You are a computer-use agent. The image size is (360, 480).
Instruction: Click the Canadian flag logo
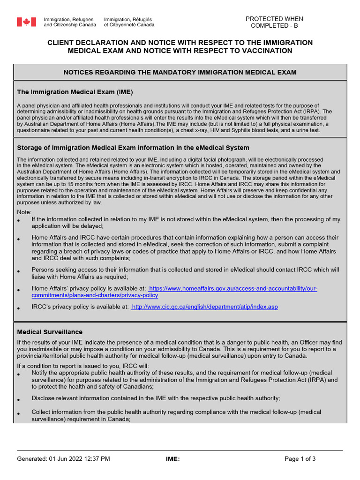(x=27, y=22)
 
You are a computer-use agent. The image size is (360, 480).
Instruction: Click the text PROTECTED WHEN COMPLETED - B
(x=274, y=22)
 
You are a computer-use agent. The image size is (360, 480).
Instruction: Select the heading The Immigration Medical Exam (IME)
(x=75, y=92)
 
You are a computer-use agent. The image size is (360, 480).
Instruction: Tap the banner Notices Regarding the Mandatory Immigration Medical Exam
(x=180, y=72)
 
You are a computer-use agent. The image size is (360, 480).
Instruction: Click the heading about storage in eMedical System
(x=133, y=148)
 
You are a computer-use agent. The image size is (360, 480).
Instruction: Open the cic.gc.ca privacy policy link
(x=205, y=307)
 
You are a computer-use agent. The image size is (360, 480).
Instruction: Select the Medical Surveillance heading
(x=50, y=332)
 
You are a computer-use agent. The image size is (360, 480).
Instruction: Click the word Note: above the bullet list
(x=24, y=212)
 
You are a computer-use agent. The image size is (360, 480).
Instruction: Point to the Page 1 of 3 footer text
(x=300, y=459)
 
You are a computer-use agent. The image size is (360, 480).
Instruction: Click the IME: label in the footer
(x=172, y=459)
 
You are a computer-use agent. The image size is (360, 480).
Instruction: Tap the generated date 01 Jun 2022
(x=66, y=459)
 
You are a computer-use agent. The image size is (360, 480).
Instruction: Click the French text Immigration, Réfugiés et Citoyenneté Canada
(x=129, y=22)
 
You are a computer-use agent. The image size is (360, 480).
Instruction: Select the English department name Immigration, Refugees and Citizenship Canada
(x=70, y=22)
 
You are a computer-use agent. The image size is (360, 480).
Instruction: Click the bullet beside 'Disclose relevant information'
(x=19, y=400)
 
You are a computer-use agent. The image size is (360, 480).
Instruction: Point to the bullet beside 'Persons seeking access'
(x=19, y=272)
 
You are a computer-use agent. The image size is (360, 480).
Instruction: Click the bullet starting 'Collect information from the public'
(x=19, y=414)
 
